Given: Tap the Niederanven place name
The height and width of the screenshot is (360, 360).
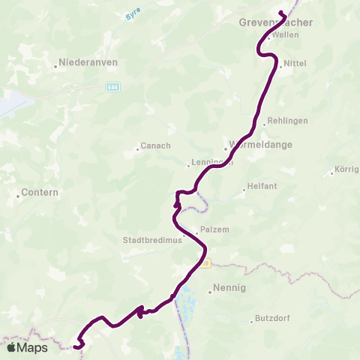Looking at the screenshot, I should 88,63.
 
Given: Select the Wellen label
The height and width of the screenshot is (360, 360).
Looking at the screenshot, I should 286,35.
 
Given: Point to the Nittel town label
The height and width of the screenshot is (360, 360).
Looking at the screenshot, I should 293,65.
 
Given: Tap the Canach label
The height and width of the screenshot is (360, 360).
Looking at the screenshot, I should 157,145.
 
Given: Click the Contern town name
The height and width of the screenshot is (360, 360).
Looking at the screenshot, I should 39,193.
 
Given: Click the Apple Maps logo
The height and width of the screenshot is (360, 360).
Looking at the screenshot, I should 27,348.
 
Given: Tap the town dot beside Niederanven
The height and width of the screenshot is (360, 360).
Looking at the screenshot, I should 56,67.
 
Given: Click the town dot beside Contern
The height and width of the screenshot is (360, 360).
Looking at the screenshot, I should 19,196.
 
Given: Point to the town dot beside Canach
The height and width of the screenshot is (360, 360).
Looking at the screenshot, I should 137,149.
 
